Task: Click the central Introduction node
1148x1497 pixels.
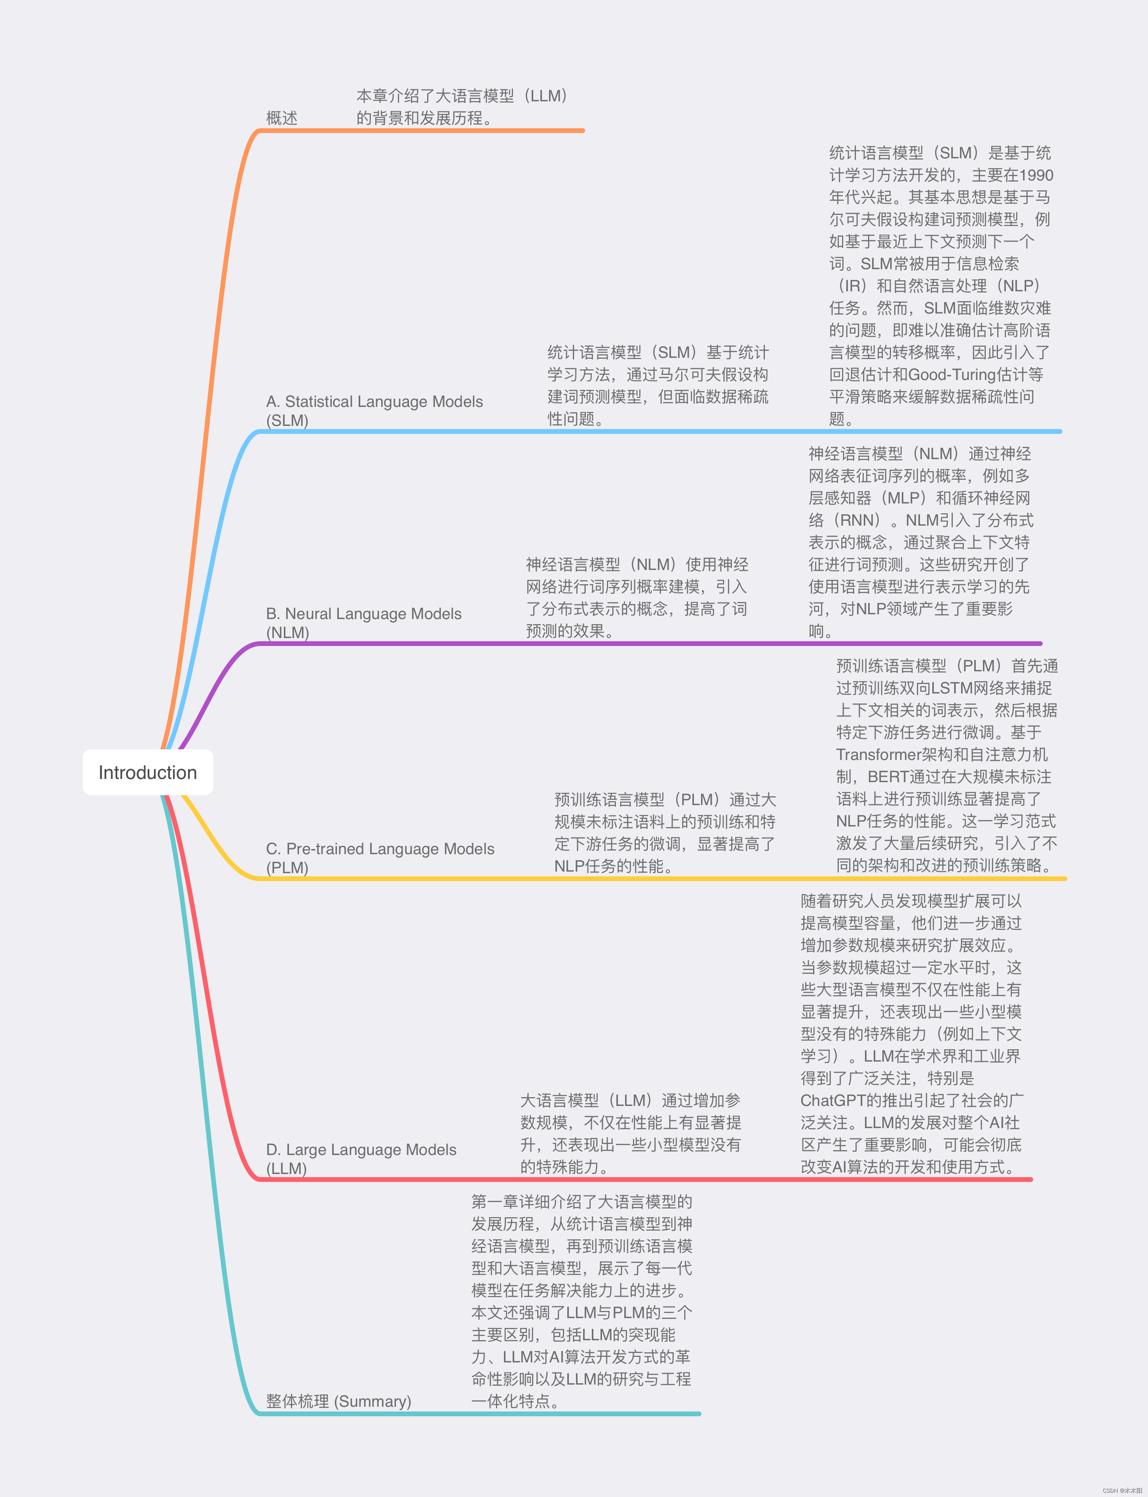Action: pyautogui.click(x=148, y=772)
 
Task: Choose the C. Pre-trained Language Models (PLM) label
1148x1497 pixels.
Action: pyautogui.click(x=380, y=857)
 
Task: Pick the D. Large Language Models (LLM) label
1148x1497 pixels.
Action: pyautogui.click(x=361, y=1158)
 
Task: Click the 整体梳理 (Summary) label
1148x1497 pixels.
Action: pyautogui.click(x=338, y=1401)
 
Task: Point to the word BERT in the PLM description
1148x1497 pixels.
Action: pyautogui.click(x=888, y=777)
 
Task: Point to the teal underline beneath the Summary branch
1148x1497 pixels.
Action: pyautogui.click(x=478, y=1413)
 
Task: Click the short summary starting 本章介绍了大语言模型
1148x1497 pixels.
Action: pyautogui.click(x=463, y=106)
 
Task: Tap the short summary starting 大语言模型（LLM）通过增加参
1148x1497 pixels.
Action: pyautogui.click(x=630, y=1134)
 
